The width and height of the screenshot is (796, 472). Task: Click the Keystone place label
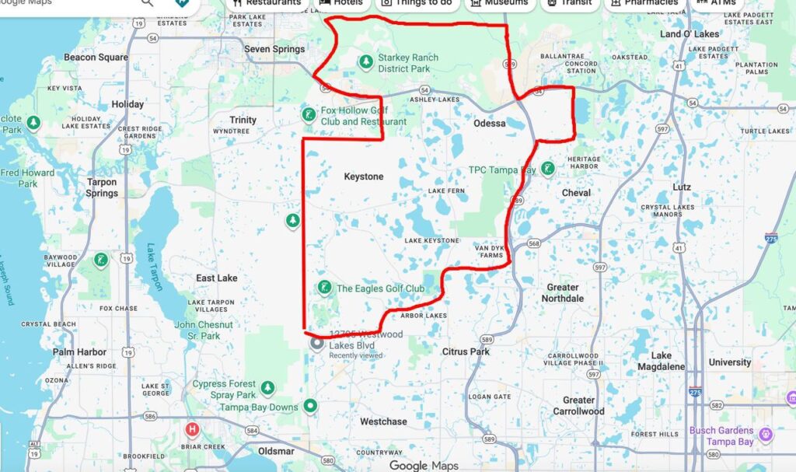[364, 177]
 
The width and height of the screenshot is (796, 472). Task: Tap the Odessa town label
[490, 124]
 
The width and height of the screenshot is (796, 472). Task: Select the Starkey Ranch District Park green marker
[365, 61]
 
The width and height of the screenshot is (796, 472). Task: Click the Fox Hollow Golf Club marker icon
[309, 115]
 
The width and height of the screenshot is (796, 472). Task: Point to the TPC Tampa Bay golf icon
[548, 168]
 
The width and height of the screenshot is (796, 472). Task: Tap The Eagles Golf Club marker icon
[324, 288]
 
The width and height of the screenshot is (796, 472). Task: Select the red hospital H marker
[191, 429]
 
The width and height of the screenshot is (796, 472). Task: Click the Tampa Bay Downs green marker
[311, 405]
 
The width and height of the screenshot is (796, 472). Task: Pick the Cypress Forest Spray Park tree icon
[268, 386]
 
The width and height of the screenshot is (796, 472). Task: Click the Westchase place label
[383, 421]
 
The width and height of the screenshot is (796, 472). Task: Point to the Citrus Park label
[466, 351]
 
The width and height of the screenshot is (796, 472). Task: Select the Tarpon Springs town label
[101, 187]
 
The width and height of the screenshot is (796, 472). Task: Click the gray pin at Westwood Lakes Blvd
[317, 343]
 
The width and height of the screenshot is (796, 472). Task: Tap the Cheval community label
[576, 192]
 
